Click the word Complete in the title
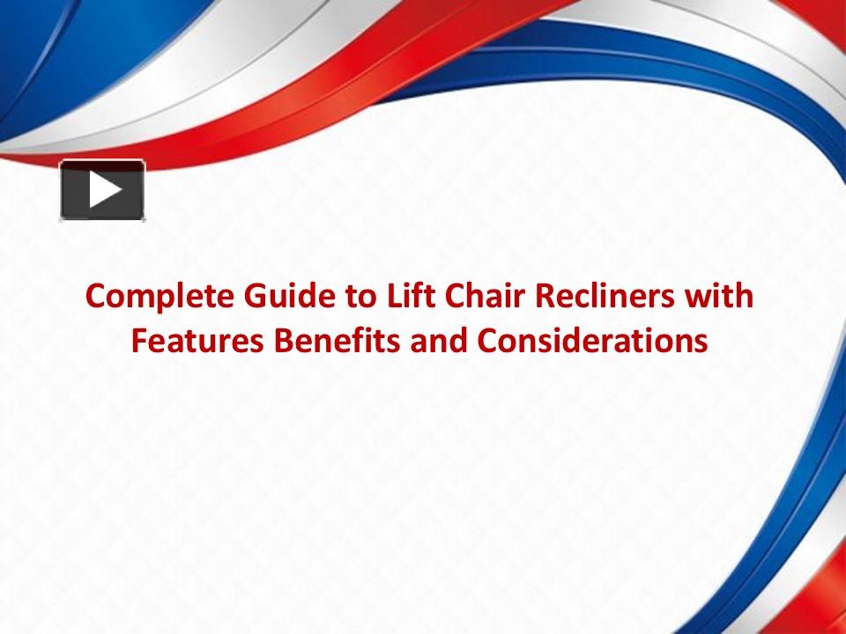coord(151,297)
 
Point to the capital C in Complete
coord(94,297)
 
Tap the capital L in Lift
coord(393,296)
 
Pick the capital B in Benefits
coord(269,341)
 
